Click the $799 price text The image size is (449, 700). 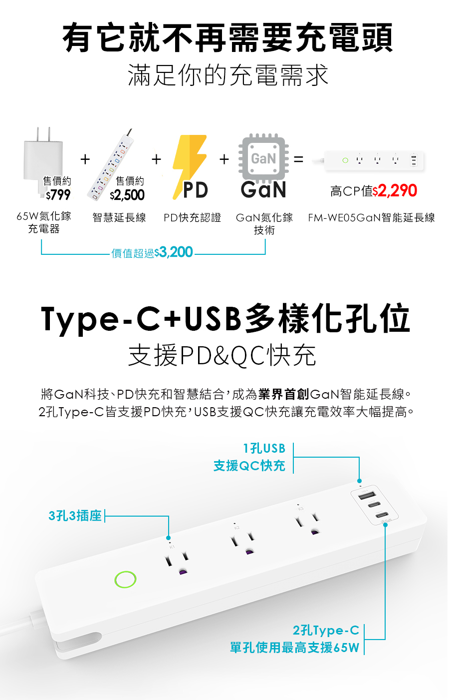58,194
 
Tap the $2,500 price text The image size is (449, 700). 127,195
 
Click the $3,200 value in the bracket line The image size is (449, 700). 174,252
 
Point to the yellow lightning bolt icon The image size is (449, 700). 189,160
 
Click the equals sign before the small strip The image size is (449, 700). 298,160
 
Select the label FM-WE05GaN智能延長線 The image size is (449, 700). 371,218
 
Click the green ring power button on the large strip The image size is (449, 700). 125,579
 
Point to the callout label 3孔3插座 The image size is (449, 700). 75,516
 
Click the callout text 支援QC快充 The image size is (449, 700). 249,466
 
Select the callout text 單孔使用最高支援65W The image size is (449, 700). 294,648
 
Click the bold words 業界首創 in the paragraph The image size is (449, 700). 284,394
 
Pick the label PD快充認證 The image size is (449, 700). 192,218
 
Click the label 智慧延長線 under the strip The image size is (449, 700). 119,218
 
